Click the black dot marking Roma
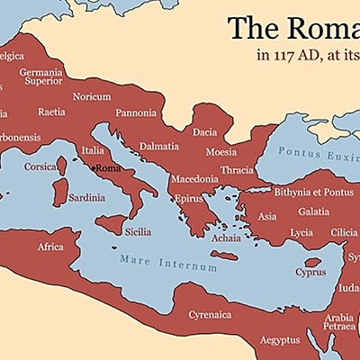tap(94, 167)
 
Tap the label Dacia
tap(205, 132)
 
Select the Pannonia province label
tap(137, 113)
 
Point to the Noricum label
tap(93, 96)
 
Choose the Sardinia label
tap(86, 197)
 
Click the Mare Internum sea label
tap(168, 263)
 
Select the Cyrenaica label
tap(210, 314)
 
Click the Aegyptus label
tap(280, 340)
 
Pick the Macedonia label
tap(194, 179)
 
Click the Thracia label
tap(237, 169)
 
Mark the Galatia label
tap(314, 211)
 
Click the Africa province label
tap(50, 247)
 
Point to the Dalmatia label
tap(158, 146)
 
